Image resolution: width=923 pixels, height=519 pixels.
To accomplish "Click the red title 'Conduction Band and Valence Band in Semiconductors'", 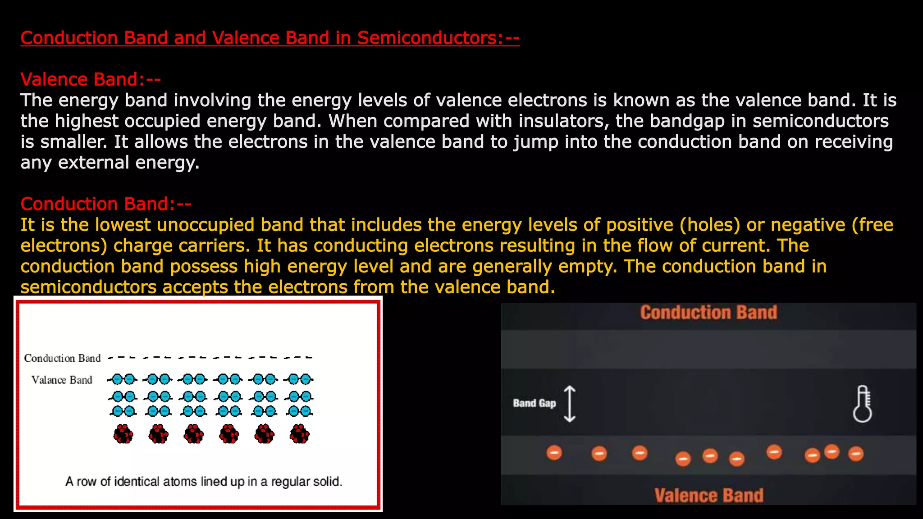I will point(270,38).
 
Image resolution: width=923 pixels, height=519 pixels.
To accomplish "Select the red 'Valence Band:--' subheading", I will point(90,80).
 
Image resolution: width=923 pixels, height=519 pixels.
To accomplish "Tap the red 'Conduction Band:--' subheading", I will point(105,204).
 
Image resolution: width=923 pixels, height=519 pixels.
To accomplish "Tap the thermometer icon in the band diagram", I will point(862,404).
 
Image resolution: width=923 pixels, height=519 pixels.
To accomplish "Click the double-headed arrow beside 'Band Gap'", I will point(570,404).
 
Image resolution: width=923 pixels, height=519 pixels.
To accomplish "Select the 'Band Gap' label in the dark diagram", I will point(534,403).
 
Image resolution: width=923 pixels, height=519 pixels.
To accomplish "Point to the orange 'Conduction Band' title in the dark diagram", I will point(708,313).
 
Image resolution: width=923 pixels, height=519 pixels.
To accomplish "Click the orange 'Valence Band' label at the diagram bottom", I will point(708,496).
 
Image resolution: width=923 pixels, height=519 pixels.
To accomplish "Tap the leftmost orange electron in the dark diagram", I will point(554,452).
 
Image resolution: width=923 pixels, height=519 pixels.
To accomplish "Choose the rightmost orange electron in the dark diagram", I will point(855,453).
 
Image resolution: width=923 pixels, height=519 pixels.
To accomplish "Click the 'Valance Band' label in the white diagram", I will point(62,380).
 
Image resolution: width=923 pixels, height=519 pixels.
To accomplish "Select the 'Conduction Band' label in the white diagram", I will point(62,358).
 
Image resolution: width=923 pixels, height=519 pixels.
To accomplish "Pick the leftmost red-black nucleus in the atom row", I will point(123,434).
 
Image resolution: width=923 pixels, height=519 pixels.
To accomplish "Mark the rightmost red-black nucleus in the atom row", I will point(299,434).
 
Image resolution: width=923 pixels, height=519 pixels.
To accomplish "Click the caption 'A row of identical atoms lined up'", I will point(204,482).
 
